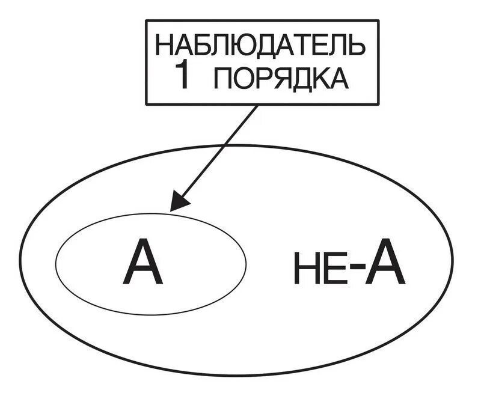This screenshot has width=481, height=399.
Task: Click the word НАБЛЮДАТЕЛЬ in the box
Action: coord(259,46)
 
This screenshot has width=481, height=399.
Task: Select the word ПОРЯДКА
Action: coord(281,78)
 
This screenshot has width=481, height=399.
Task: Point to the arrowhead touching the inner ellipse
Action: coord(176,204)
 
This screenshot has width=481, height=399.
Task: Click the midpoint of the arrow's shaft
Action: coord(215,155)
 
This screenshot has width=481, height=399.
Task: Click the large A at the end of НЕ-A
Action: coord(385,264)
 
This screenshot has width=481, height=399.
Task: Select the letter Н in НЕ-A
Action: coord(305,269)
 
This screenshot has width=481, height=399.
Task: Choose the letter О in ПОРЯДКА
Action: coord(242,78)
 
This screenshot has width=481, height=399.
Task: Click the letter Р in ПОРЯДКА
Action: coord(262,78)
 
